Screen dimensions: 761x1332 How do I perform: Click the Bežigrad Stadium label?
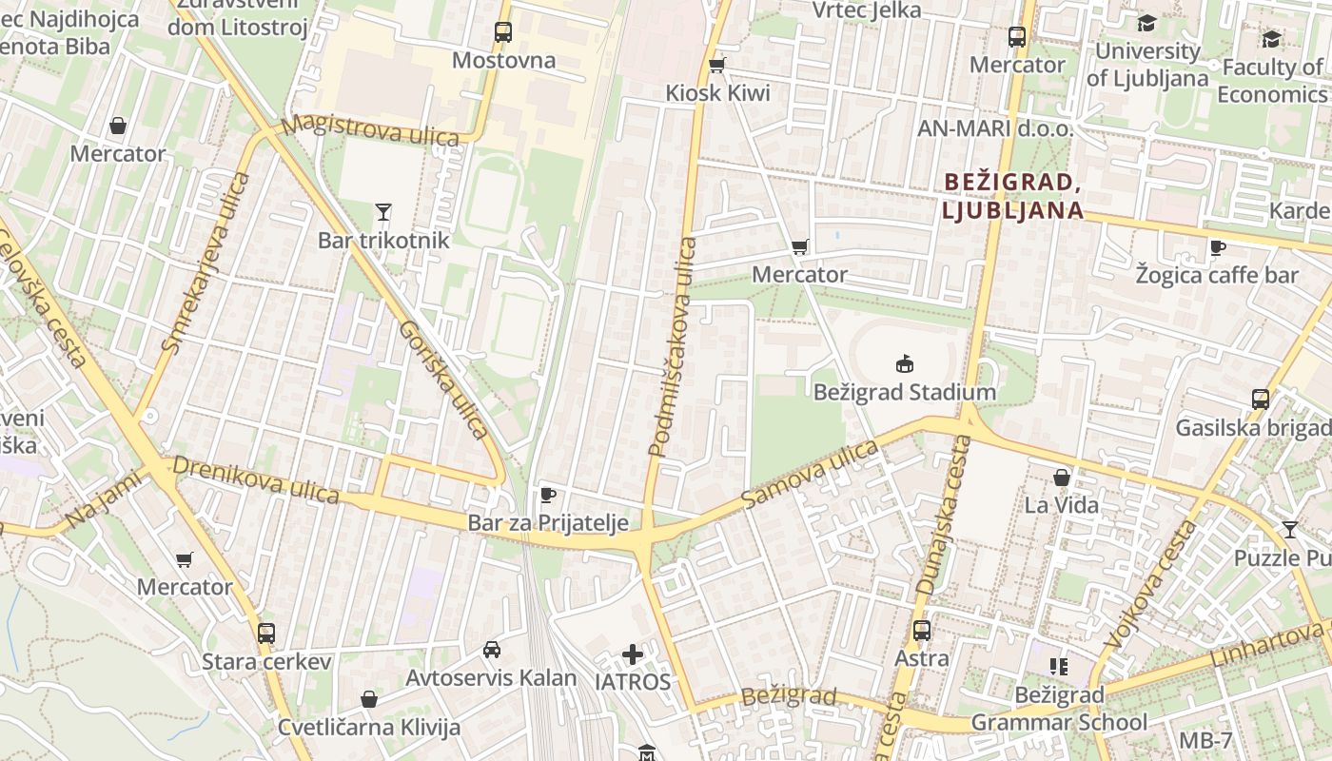tap(904, 392)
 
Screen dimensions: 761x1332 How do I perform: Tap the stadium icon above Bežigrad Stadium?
tap(904, 363)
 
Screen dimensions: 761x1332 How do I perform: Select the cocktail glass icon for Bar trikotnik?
tap(383, 211)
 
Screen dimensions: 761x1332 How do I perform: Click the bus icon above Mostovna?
tap(503, 32)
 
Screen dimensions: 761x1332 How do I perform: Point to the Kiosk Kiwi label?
tap(717, 93)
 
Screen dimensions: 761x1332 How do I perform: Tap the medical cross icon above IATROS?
tap(633, 654)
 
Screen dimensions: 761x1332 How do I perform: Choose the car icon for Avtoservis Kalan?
tap(491, 650)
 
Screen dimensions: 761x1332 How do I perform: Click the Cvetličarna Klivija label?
tap(369, 728)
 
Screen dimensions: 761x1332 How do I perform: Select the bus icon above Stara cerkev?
tap(266, 633)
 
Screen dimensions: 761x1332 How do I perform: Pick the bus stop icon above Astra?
tap(921, 630)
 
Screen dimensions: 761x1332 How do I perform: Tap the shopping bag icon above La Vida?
tap(1062, 478)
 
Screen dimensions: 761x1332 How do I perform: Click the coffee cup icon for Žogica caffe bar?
tap(1217, 248)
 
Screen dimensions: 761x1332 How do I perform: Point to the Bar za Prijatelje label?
tap(548, 522)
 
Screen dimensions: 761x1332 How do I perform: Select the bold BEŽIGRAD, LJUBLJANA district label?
tap(1012, 196)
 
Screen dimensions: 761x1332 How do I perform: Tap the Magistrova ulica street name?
tap(370, 130)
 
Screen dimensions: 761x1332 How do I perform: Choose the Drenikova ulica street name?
tap(255, 480)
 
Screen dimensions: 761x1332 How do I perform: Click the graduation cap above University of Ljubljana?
tap(1146, 23)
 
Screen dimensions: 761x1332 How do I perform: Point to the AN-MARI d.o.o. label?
tap(995, 128)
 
